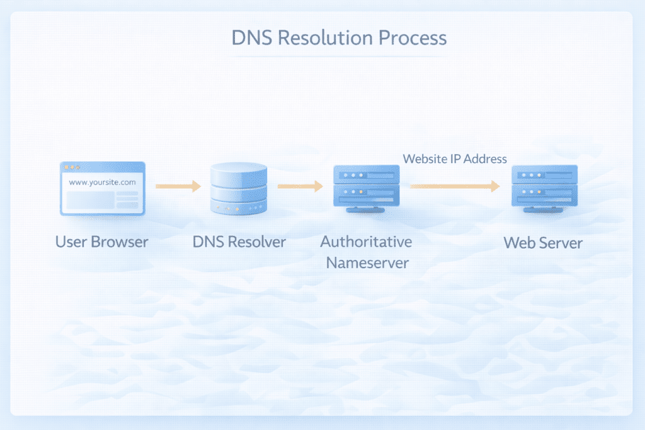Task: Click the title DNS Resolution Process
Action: click(x=339, y=37)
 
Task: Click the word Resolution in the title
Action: click(x=325, y=37)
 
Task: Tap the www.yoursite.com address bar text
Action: click(x=102, y=182)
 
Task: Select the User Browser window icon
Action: click(x=102, y=189)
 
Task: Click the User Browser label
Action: click(x=101, y=242)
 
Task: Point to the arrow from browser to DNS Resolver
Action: click(x=178, y=186)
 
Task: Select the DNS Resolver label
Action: click(x=239, y=242)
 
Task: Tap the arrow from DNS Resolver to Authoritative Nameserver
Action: click(x=300, y=186)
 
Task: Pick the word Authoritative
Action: click(x=366, y=242)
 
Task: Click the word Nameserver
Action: click(x=367, y=263)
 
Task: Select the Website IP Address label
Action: click(x=455, y=159)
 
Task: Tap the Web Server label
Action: click(x=544, y=242)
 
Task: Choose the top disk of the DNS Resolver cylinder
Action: click(x=239, y=170)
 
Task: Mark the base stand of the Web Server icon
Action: click(x=544, y=212)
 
